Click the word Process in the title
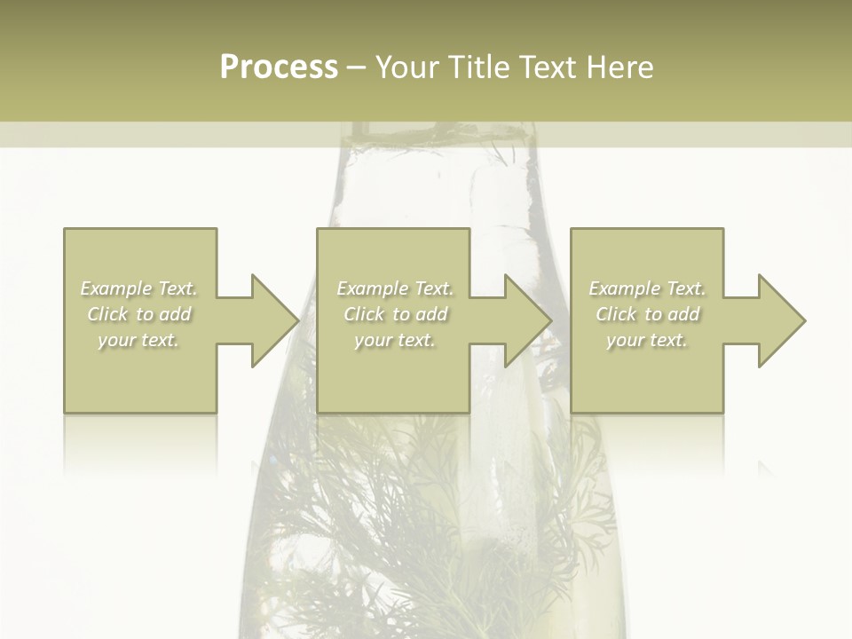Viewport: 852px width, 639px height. (x=279, y=67)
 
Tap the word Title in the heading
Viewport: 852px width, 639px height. (x=478, y=67)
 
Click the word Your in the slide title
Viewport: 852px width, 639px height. (x=408, y=67)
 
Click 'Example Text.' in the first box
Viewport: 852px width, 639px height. (x=139, y=288)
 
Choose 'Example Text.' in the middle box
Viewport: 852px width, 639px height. (x=395, y=288)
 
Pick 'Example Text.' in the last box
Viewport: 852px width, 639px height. (x=647, y=288)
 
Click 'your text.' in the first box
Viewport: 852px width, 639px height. (x=138, y=340)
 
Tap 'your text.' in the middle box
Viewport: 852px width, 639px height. (x=395, y=340)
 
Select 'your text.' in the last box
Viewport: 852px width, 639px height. (x=647, y=340)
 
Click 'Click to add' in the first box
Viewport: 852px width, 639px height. (x=139, y=314)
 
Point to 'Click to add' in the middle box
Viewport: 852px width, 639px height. (x=395, y=314)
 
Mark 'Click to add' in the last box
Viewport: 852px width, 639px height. (x=647, y=314)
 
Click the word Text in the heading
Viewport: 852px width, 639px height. (x=548, y=67)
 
